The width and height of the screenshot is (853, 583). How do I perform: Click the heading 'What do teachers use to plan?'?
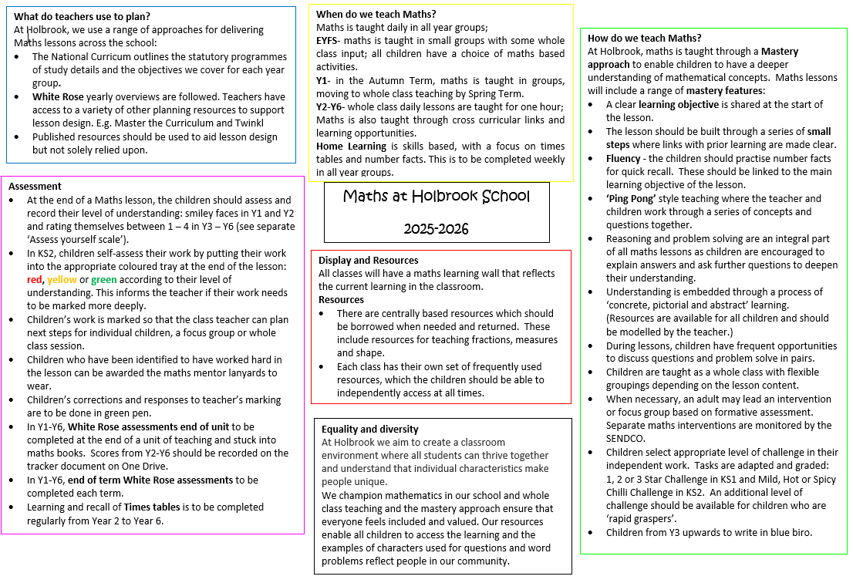pos(82,16)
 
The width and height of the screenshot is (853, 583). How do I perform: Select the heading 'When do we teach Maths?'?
pos(376,14)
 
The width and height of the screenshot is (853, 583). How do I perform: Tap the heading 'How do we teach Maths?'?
pos(644,38)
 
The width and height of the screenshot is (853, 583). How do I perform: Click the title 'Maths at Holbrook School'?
pos(437,196)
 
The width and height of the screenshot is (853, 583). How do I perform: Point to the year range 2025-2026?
pos(436,229)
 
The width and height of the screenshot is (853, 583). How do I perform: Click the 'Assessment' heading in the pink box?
pos(35,187)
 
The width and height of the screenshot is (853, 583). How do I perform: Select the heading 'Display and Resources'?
pos(368,260)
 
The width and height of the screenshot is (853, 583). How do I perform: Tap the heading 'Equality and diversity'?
pos(369,429)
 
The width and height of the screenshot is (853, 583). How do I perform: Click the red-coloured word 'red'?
pos(35,280)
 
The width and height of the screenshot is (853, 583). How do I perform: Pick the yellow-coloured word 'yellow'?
pos(62,280)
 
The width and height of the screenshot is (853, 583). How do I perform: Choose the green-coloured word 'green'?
pos(104,280)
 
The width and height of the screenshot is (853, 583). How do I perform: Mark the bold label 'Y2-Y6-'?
pos(334,106)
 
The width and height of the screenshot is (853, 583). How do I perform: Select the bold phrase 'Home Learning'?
pos(350,146)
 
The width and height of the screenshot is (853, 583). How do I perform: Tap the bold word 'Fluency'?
pos(622,158)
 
